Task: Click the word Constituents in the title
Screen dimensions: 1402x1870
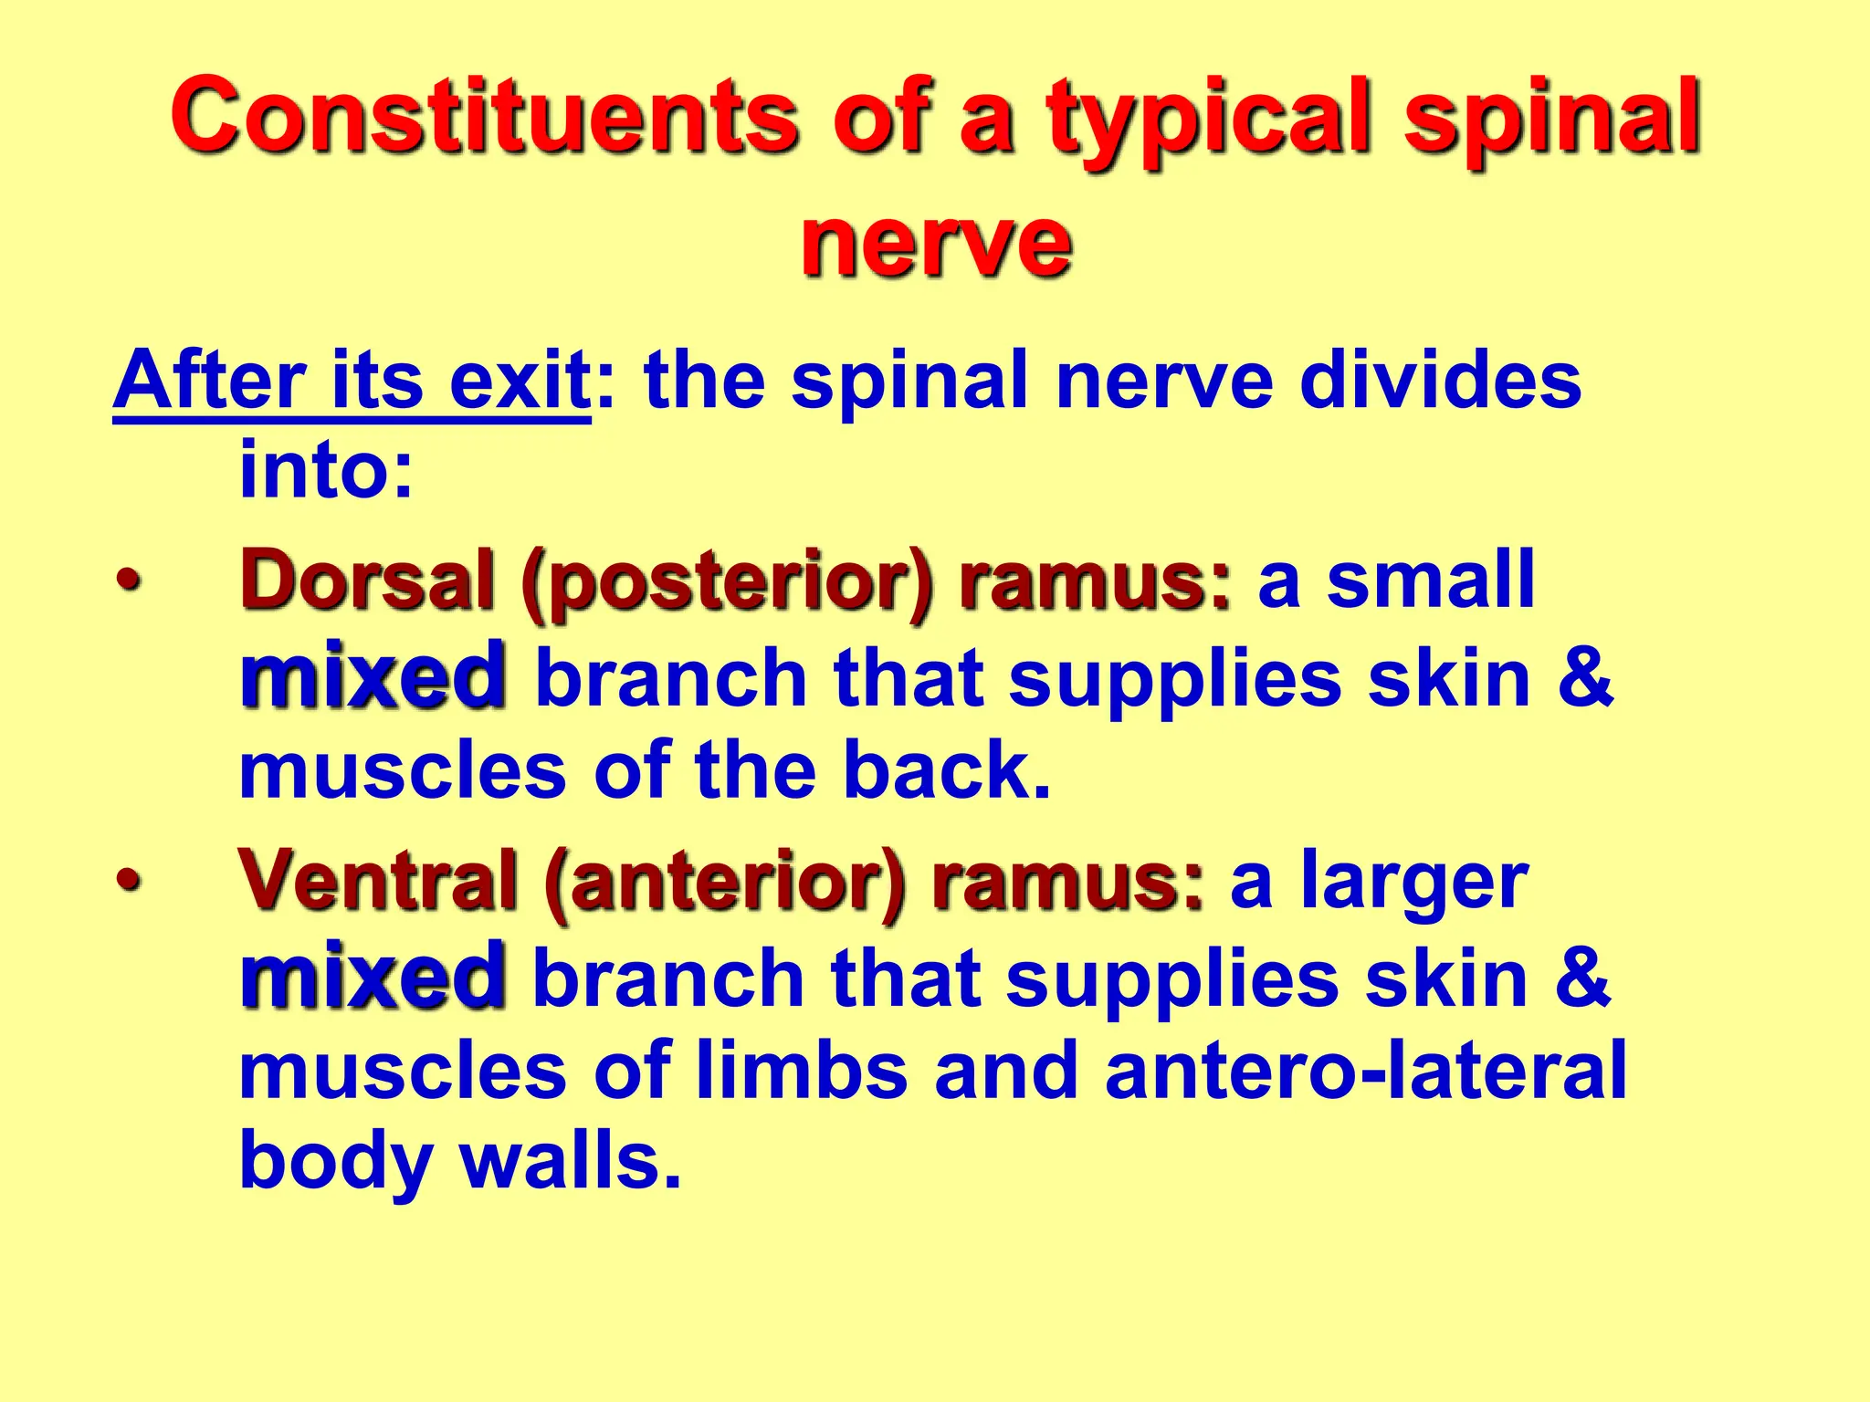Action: (x=484, y=117)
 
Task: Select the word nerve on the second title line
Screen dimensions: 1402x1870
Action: (x=935, y=242)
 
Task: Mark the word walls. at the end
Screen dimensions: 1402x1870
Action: (x=571, y=1162)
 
